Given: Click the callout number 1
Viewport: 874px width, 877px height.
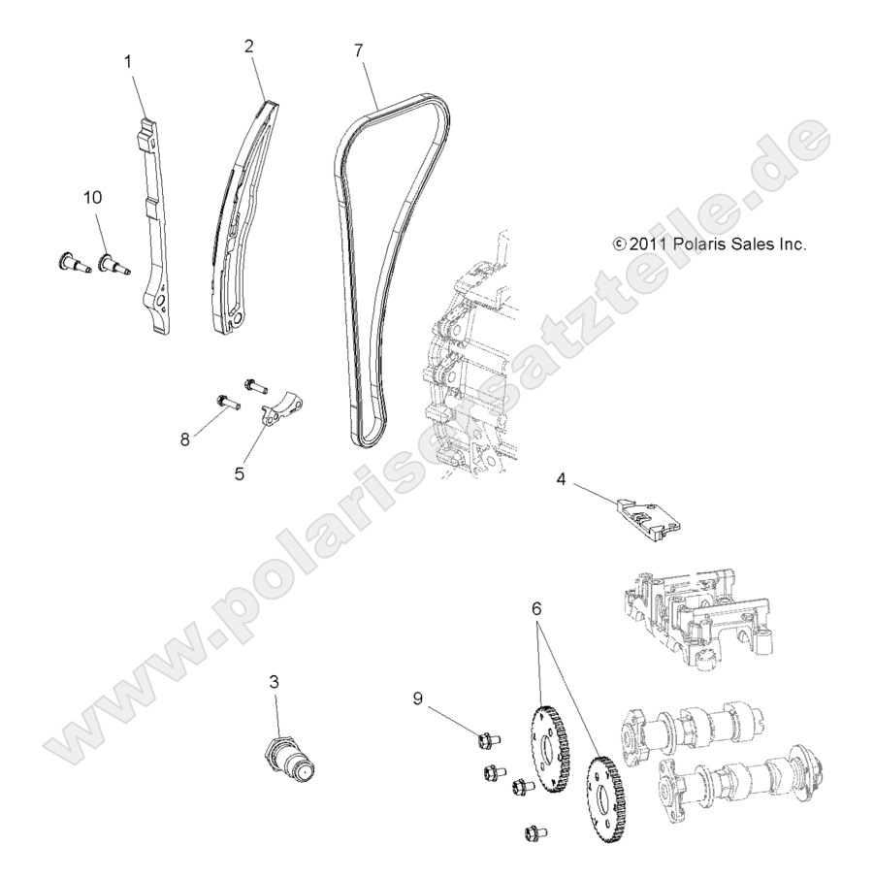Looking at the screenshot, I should point(126,61).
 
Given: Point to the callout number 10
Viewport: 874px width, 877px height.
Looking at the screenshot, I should point(93,198).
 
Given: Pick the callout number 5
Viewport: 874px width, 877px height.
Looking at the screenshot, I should point(239,474).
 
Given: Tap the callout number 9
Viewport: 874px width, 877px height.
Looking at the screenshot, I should point(418,697).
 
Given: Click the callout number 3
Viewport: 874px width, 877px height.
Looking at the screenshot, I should point(275,683).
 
